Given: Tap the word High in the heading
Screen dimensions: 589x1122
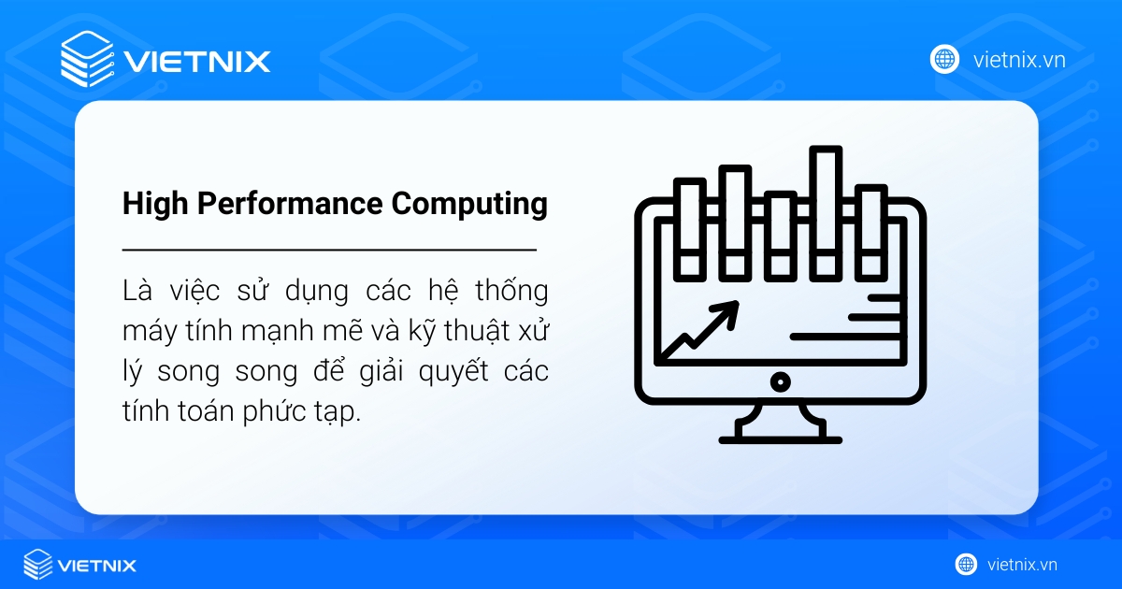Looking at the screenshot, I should (x=151, y=204).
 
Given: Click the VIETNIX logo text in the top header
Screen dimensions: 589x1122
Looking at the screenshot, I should (x=197, y=62).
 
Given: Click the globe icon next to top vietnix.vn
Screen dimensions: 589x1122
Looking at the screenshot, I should (x=944, y=59).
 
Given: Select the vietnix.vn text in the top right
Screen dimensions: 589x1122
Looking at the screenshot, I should (x=1019, y=60).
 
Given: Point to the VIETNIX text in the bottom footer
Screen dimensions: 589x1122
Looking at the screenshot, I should (x=96, y=565).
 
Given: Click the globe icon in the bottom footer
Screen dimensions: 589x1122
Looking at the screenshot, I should (x=966, y=565).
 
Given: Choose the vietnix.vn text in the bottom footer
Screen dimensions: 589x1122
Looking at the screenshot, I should (x=1022, y=565).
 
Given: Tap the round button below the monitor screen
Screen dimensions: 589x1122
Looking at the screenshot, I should (x=780, y=381).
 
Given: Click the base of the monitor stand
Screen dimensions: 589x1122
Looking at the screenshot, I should (x=780, y=436).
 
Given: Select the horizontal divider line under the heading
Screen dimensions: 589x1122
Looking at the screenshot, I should (x=329, y=251).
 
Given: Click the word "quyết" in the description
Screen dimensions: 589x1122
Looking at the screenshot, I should (x=453, y=371).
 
